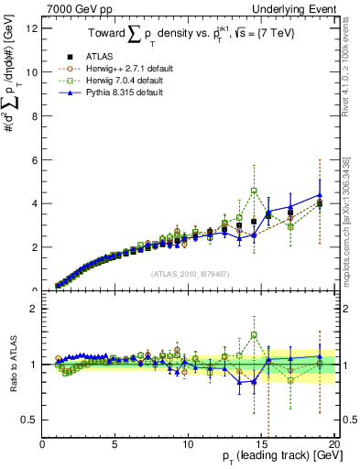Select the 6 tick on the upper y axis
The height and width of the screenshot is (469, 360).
click(33, 159)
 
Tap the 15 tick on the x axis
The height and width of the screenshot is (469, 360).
click(261, 444)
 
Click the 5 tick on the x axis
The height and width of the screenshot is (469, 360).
click(115, 444)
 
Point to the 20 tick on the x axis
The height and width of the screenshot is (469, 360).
click(333, 444)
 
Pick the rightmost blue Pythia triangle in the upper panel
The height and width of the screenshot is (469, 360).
click(319, 195)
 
